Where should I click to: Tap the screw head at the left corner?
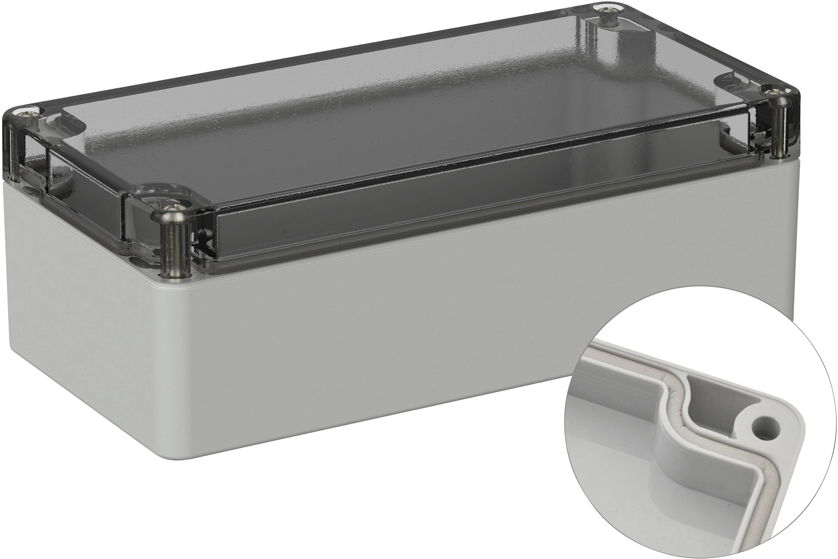[28, 114]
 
